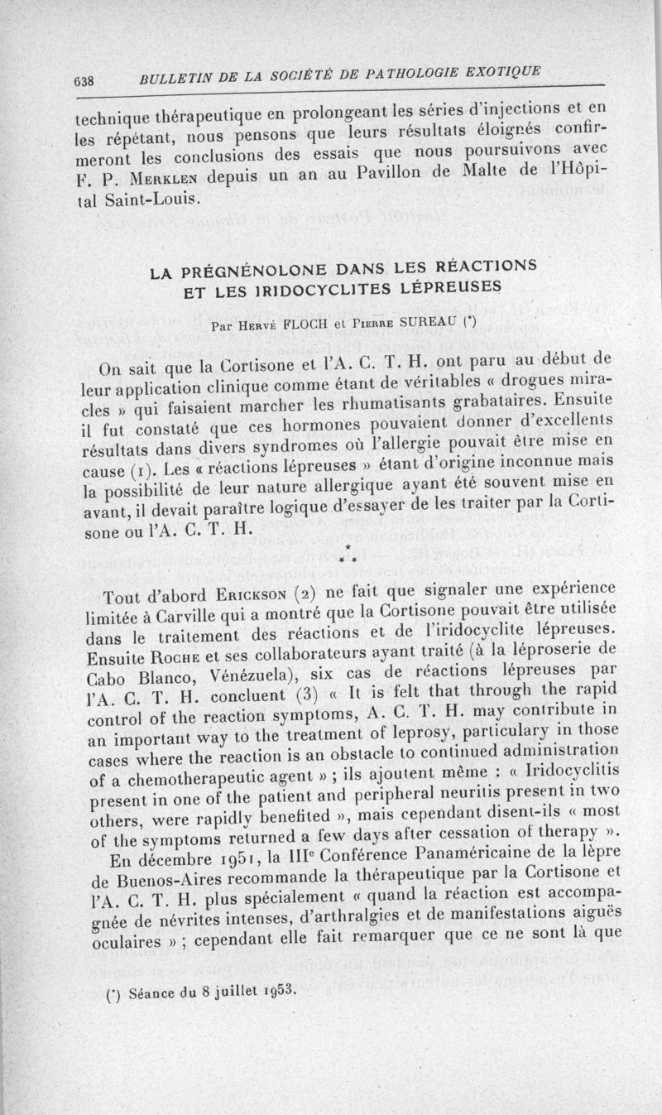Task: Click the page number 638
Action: (85, 81)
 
